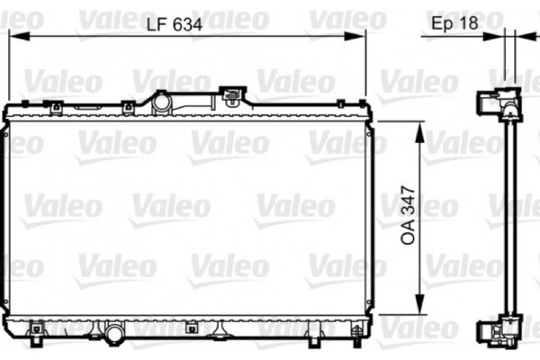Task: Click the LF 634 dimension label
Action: click(175, 25)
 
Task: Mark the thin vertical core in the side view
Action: click(509, 216)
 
